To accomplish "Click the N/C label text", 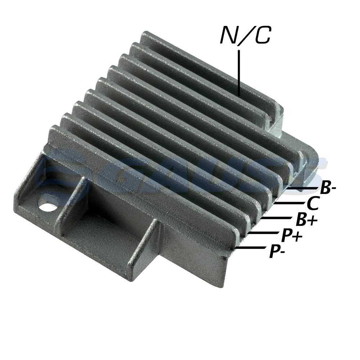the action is (245, 35).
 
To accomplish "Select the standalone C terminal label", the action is (312, 203).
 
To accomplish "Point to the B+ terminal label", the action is (307, 219).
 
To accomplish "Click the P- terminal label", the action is (277, 251).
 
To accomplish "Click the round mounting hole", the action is (48, 206).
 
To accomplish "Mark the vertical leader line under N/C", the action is (239, 73).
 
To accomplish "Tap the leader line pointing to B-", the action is (303, 188).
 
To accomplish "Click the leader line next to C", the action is (289, 203).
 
